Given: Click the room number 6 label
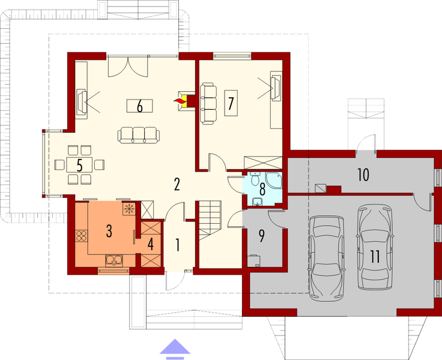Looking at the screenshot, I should [x=139, y=107].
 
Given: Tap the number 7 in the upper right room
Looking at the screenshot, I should [x=230, y=103].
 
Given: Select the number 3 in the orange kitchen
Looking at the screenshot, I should [x=109, y=232].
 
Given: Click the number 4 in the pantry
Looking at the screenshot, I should [x=151, y=245].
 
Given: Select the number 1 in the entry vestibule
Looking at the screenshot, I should [x=177, y=244].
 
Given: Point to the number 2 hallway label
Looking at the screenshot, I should [x=177, y=184].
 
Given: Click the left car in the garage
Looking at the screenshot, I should [x=325, y=257].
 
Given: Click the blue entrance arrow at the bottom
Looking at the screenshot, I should [x=173, y=348].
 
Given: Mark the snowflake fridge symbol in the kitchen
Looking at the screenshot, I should [x=128, y=209].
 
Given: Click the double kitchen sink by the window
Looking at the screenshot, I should [x=114, y=260].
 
